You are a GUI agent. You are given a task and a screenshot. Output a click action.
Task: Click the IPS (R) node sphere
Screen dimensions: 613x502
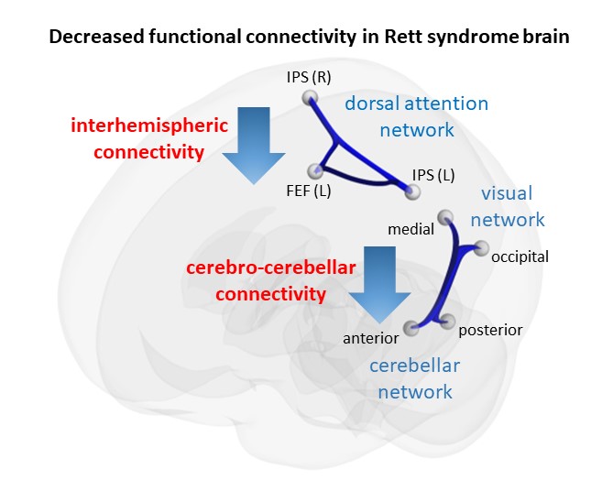pos(310,98)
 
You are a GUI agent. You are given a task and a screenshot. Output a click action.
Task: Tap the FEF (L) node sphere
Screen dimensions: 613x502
pos(315,170)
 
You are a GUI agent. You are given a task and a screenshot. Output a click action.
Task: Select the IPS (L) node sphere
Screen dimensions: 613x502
pos(412,191)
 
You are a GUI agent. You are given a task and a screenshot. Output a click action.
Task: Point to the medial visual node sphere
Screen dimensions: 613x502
pos(445,217)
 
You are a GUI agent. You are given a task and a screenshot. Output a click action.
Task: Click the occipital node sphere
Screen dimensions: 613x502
pos(481,248)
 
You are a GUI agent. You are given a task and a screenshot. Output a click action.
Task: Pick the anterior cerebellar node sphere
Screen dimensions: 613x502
pos(410,329)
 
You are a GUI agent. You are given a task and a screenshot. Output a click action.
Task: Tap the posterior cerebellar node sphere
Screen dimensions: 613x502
pos(448,321)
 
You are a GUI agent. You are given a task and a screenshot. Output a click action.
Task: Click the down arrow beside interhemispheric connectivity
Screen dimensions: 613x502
pos(254,146)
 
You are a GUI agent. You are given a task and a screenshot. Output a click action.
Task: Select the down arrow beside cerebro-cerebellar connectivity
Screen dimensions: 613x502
pos(379,285)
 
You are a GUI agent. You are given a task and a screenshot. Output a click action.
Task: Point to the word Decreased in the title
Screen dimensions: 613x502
pos(96,37)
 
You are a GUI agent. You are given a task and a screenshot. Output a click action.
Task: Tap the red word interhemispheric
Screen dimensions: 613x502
pos(149,125)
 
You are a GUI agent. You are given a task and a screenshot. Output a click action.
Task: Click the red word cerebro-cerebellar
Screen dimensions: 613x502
pos(271,267)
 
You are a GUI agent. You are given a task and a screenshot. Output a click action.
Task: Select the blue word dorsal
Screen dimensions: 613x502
pos(372,104)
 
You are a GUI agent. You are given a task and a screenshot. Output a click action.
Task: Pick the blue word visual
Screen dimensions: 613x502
pos(507,193)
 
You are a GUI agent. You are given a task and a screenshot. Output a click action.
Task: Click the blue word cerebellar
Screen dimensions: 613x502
pos(414,366)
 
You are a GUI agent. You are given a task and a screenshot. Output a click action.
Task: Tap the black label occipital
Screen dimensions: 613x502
pos(520,257)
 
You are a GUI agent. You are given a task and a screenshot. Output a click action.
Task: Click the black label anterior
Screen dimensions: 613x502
pos(370,338)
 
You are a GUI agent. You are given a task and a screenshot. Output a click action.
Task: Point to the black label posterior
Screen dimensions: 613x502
pos(490,331)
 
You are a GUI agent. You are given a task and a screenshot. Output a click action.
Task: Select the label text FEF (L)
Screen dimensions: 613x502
pos(309,191)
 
